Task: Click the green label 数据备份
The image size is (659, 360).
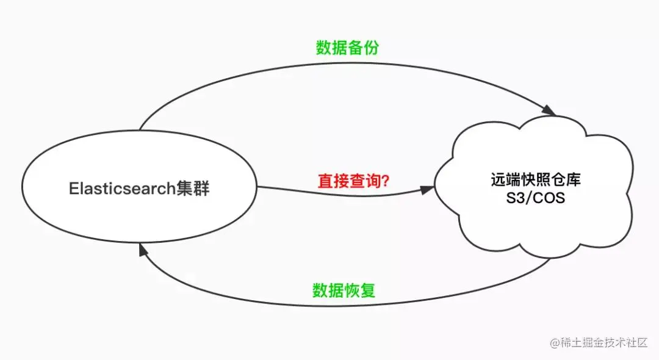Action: click(x=347, y=48)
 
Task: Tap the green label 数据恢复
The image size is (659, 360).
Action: click(x=344, y=290)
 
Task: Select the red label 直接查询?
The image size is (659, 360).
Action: click(x=355, y=181)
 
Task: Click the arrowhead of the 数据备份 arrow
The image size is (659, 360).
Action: click(x=550, y=111)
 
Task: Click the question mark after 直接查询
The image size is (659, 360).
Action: click(x=386, y=181)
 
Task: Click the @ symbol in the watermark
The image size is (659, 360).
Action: click(x=555, y=344)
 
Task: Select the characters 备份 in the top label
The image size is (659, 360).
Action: click(x=363, y=48)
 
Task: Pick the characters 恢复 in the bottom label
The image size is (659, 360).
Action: click(x=360, y=290)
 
